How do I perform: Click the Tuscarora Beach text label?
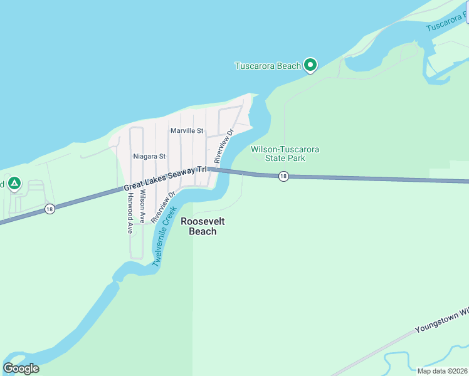tap(268, 66)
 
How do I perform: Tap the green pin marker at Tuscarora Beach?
tap(310, 64)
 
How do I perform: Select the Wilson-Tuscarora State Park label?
tap(285, 154)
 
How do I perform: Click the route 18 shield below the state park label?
tap(284, 177)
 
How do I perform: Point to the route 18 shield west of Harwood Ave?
tap(50, 209)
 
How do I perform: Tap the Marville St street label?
tap(187, 131)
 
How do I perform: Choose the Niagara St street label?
tap(149, 156)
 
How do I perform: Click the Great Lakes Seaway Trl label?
tap(165, 179)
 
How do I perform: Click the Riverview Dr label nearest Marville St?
tap(224, 144)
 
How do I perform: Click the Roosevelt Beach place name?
tap(203, 226)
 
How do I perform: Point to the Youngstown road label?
tap(442, 320)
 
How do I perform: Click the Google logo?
tap(21, 368)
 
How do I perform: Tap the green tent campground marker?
tap(14, 184)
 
